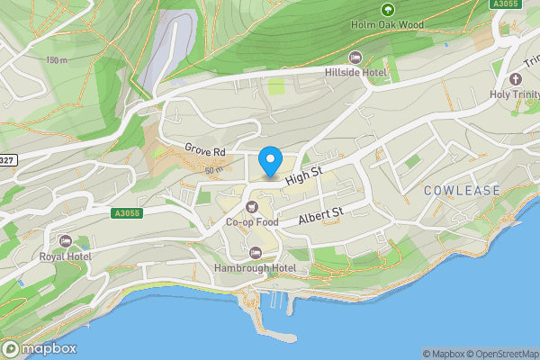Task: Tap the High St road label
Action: (303, 176)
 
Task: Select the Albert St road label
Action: (321, 214)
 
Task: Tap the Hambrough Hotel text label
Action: (256, 268)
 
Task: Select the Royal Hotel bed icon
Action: (65, 241)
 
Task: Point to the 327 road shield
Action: (7, 160)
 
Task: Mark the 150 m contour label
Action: (55, 60)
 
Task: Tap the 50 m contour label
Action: (213, 170)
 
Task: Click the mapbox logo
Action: (40, 348)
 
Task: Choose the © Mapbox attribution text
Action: (443, 354)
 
